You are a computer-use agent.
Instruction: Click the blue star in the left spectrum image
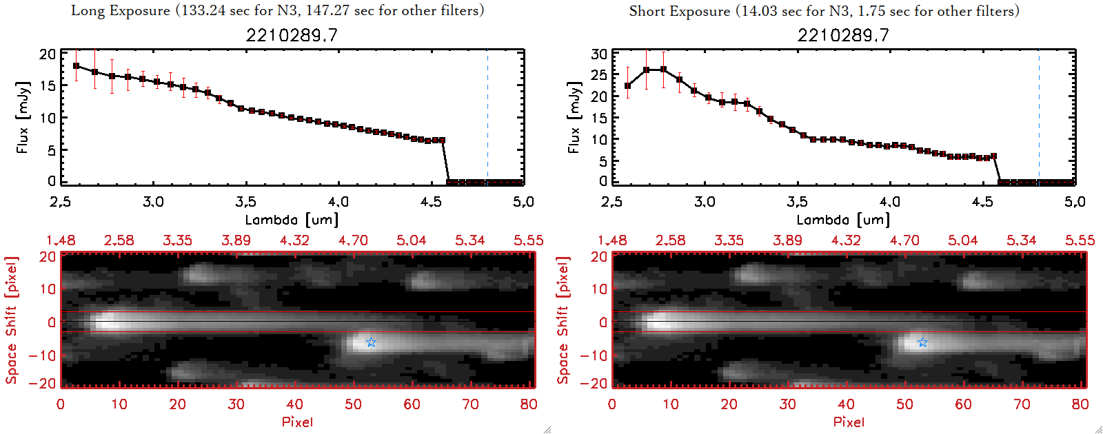pyautogui.click(x=371, y=342)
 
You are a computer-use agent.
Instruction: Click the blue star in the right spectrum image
pyautogui.click(x=922, y=342)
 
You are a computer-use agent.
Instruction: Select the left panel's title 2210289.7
pyautogui.click(x=292, y=35)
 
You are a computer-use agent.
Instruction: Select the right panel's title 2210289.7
pyautogui.click(x=843, y=35)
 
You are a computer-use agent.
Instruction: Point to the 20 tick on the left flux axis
pyautogui.click(x=48, y=54)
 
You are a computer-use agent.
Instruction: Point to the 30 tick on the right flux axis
pyautogui.click(x=599, y=54)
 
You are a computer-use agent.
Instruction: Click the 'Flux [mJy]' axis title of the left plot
pyautogui.click(x=23, y=117)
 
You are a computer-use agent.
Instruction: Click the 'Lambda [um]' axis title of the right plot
pyautogui.click(x=843, y=220)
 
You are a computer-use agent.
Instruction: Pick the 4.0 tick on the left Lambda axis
pyautogui.click(x=338, y=202)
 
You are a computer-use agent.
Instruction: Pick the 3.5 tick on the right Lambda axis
pyautogui.click(x=797, y=202)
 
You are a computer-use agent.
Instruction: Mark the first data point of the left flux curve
pyautogui.click(x=76, y=66)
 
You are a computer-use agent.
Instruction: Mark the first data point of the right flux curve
pyautogui.click(x=627, y=86)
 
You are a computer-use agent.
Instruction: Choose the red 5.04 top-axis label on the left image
pyautogui.click(x=412, y=240)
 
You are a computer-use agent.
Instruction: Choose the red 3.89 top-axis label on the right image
pyautogui.click(x=787, y=240)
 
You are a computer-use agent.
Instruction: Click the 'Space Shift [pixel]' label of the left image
pyautogui.click(x=11, y=320)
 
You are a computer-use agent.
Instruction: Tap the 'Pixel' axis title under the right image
pyautogui.click(x=849, y=422)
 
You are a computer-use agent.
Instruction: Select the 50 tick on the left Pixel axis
pyautogui.click(x=354, y=404)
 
